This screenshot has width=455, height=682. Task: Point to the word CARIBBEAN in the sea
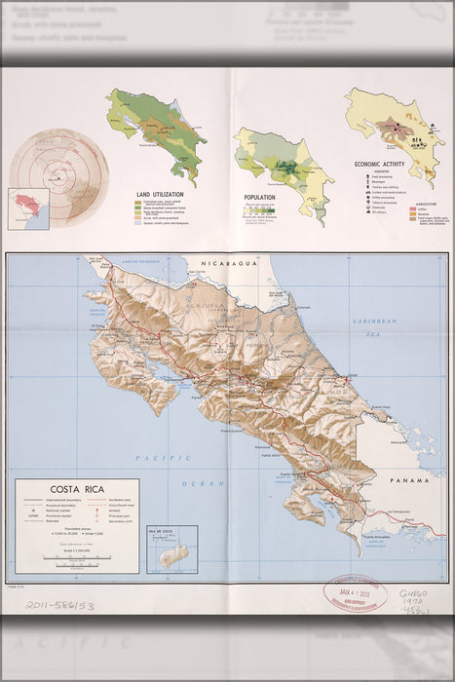pos(375,321)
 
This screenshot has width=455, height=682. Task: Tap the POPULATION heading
pos(259,197)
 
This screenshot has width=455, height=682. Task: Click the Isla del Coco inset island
pos(172,556)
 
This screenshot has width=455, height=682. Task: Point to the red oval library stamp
pos(355,593)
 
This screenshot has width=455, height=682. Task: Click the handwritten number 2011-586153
pos(59,605)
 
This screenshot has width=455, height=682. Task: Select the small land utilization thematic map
pos(160,131)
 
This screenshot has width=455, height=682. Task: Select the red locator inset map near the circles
pos(27,207)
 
